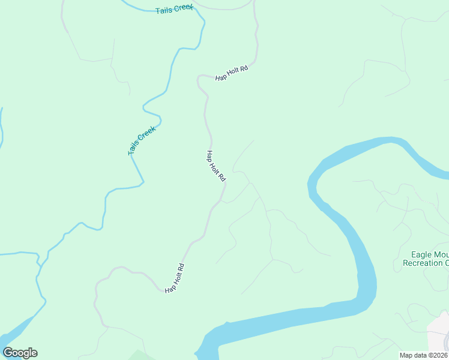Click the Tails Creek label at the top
click(x=175, y=9)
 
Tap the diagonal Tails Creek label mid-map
click(x=142, y=140)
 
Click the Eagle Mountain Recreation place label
click(x=426, y=259)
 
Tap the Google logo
click(x=20, y=353)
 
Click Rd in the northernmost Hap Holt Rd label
click(x=243, y=68)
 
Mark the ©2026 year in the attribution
click(x=436, y=355)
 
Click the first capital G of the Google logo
click(x=8, y=353)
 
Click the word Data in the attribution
click(x=418, y=355)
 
